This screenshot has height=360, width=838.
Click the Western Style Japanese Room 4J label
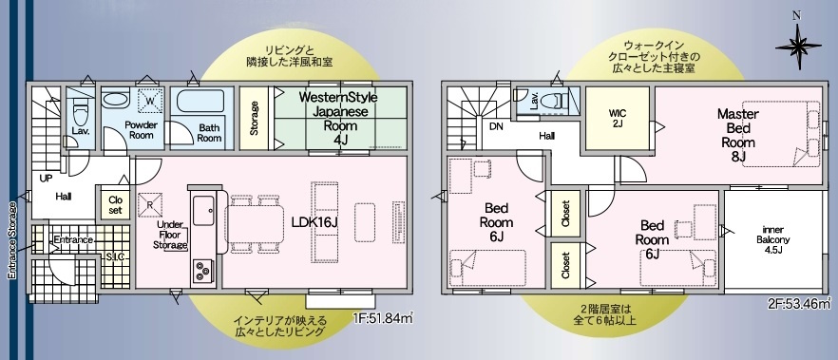[x=339, y=117]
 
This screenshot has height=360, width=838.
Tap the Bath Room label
[x=209, y=131]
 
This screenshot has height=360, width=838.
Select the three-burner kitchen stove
[x=203, y=271]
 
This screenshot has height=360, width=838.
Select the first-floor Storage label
[x=254, y=119]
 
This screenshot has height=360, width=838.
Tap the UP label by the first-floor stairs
[x=46, y=179]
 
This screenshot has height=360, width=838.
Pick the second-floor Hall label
[x=547, y=136]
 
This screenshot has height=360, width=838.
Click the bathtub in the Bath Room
[x=200, y=102]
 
